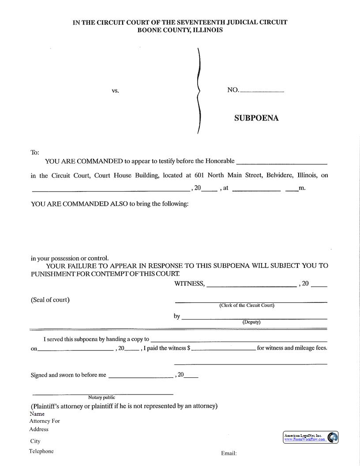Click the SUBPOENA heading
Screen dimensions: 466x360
tap(256, 118)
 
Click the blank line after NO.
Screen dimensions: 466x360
tap(262, 91)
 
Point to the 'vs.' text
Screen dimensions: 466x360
tap(115, 90)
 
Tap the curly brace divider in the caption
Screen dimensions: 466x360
tap(199, 91)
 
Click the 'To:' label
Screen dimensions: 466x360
tap(35, 152)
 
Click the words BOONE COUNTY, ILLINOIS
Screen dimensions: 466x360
tap(180, 30)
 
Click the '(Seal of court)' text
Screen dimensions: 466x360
tap(50, 300)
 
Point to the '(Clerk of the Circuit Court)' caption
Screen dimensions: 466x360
tap(247, 305)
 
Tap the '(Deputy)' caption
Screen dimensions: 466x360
tap(251, 322)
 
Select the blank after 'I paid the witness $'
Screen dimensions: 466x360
tap(223, 349)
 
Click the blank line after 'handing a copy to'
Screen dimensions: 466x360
tap(239, 341)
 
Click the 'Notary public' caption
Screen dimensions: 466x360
tap(101, 397)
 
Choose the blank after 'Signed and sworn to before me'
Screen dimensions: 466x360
tap(140, 376)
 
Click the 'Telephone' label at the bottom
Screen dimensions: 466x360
tap(41, 451)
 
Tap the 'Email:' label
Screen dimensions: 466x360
tap(229, 453)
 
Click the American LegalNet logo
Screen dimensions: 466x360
tap(311, 437)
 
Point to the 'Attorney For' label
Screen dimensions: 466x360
tap(45, 421)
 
